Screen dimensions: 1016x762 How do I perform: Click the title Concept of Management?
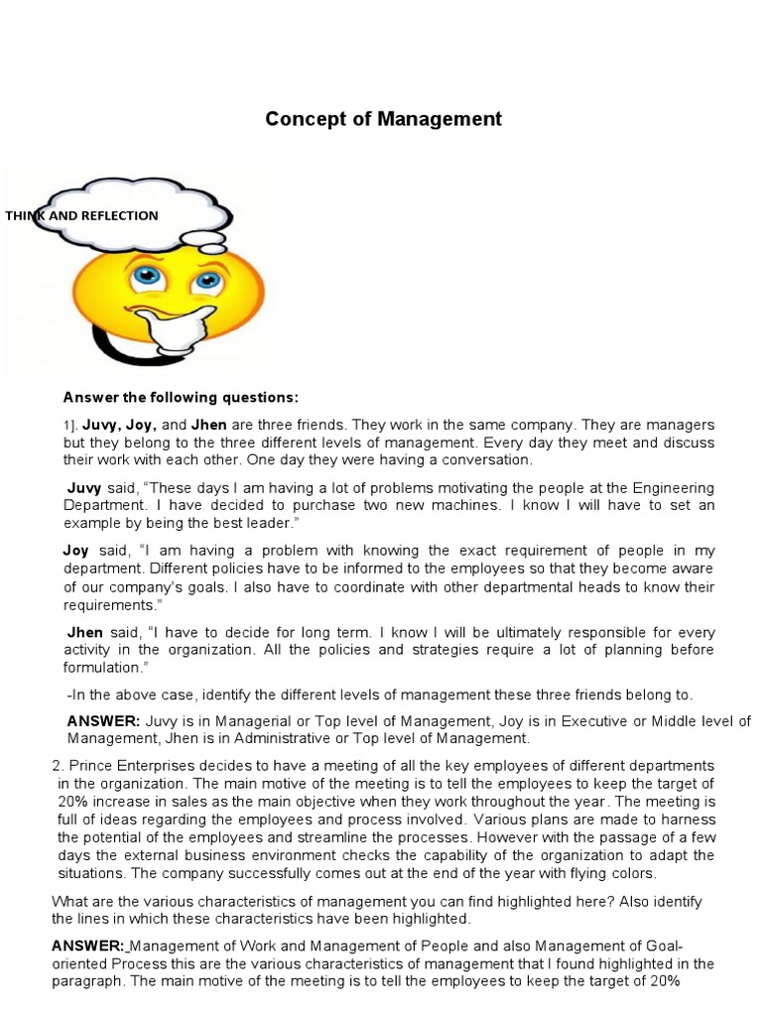[x=383, y=119]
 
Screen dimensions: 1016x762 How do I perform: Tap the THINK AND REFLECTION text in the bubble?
[x=81, y=215]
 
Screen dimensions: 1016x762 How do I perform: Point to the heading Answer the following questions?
[x=181, y=398]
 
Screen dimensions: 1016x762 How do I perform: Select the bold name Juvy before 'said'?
[x=84, y=488]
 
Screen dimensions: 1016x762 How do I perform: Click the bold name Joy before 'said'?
[x=76, y=550]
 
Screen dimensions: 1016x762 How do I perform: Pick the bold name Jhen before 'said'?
[x=85, y=632]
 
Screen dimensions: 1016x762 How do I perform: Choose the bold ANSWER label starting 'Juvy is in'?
[x=103, y=721]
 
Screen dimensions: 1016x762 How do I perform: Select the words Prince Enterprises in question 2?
[x=122, y=766]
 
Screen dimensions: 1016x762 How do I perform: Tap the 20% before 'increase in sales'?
[x=72, y=801]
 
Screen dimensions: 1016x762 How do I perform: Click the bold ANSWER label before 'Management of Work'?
[x=87, y=946]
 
